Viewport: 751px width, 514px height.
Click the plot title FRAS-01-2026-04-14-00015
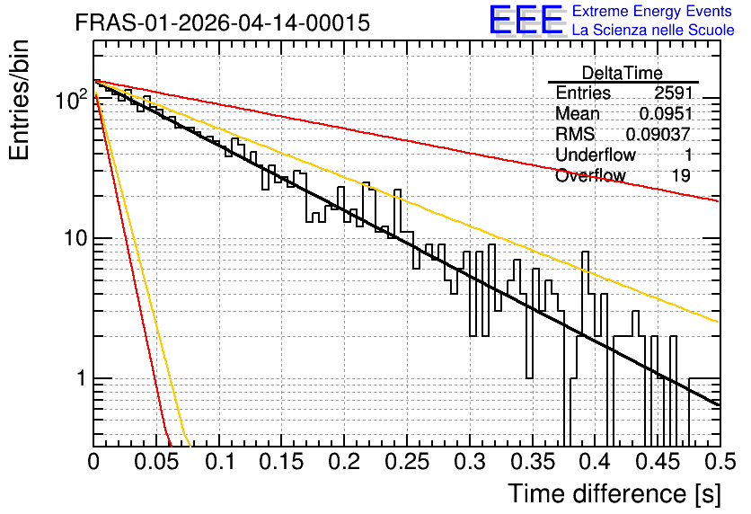point(223,22)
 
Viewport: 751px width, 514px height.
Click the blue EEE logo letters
point(526,20)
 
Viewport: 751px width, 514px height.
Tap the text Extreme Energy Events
point(652,11)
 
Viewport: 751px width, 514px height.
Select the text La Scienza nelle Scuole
point(653,30)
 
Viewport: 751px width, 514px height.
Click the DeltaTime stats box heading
point(623,73)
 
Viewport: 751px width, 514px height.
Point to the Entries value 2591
point(674,93)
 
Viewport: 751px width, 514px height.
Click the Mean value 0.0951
point(666,113)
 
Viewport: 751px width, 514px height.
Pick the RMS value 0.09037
point(658,134)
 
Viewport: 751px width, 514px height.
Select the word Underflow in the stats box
point(596,155)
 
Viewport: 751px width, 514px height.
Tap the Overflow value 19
point(681,175)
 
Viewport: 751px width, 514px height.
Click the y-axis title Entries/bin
point(19,101)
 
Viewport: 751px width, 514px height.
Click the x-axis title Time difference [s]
point(614,494)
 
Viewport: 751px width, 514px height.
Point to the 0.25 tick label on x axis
point(408,462)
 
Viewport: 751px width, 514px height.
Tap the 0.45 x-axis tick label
point(658,462)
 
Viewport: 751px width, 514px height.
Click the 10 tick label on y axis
point(75,238)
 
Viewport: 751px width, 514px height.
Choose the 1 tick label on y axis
point(82,378)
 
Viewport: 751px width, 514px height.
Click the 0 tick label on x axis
point(93,462)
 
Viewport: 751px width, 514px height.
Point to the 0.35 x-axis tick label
point(533,462)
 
